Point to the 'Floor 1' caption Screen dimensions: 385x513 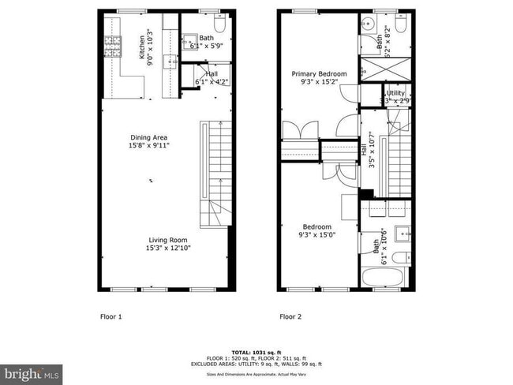110,317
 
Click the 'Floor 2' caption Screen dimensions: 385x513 291,317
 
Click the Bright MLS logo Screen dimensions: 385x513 32,372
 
